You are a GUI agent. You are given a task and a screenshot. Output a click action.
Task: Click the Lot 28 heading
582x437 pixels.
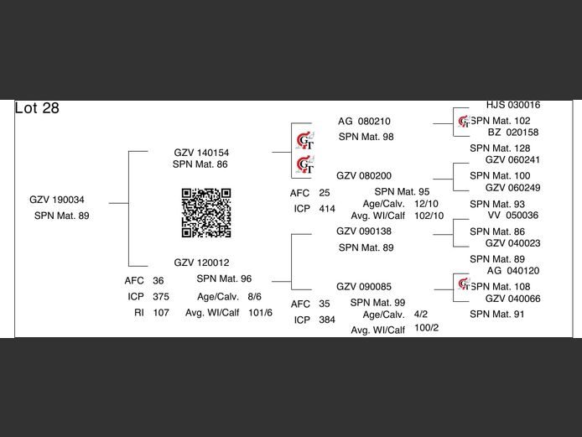(37, 108)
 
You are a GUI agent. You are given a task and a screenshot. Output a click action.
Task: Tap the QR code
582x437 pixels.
(206, 212)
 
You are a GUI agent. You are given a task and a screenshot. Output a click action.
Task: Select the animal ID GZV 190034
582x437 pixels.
(56, 200)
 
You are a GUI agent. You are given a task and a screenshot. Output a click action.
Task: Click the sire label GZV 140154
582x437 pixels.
(201, 153)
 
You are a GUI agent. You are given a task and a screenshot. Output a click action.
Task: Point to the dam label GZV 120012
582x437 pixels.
(201, 263)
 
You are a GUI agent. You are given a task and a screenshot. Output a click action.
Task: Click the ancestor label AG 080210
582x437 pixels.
(364, 121)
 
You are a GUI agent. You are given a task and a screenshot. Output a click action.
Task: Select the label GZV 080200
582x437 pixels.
(364, 175)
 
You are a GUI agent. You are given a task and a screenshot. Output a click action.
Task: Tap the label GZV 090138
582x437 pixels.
(364, 231)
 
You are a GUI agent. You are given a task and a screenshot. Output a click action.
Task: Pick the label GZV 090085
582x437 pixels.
(364, 287)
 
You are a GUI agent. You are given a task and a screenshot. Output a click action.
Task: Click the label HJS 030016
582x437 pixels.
(512, 106)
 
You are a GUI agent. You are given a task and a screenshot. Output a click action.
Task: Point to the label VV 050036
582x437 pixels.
(512, 215)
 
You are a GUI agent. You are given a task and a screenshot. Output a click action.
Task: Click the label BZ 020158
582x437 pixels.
(512, 133)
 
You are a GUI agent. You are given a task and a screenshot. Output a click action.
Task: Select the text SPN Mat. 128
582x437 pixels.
(500, 148)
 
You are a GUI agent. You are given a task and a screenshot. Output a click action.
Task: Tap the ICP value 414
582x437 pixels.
(327, 208)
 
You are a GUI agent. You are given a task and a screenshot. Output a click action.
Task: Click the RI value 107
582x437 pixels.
(161, 312)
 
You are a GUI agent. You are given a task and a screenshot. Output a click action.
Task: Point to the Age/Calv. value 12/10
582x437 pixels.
(426, 204)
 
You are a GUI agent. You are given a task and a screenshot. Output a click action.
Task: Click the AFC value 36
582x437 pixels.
(158, 281)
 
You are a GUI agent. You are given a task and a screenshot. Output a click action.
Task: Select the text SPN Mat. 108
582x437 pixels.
(500, 287)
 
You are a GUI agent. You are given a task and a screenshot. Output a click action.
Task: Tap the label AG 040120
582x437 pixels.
(512, 271)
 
